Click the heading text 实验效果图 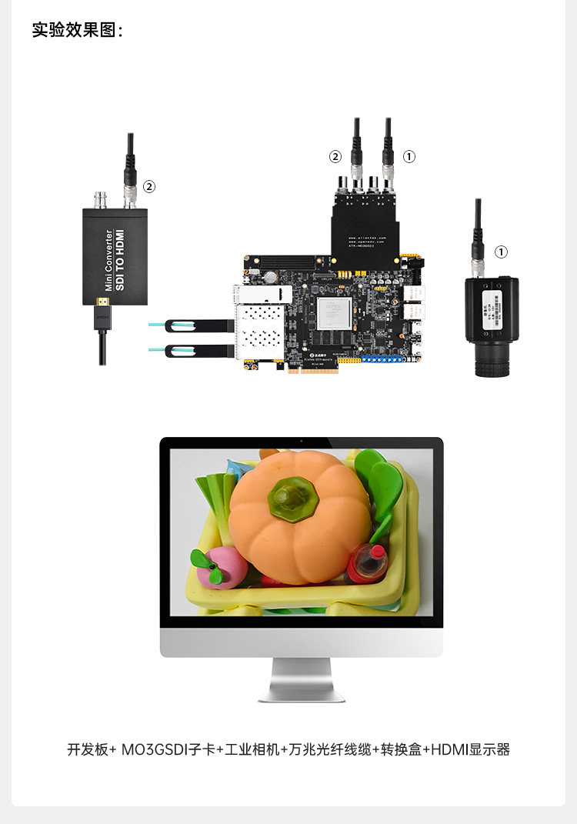[77, 30]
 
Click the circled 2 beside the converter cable [149, 186]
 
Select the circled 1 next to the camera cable [501, 252]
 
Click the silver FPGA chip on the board [334, 314]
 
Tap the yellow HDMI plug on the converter [102, 303]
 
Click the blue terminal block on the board [384, 359]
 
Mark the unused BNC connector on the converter [100, 200]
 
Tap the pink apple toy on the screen [221, 567]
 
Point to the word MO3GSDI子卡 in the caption [168, 749]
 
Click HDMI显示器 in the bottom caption [470, 749]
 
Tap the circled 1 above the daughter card [409, 156]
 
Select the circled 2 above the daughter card [335, 156]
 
